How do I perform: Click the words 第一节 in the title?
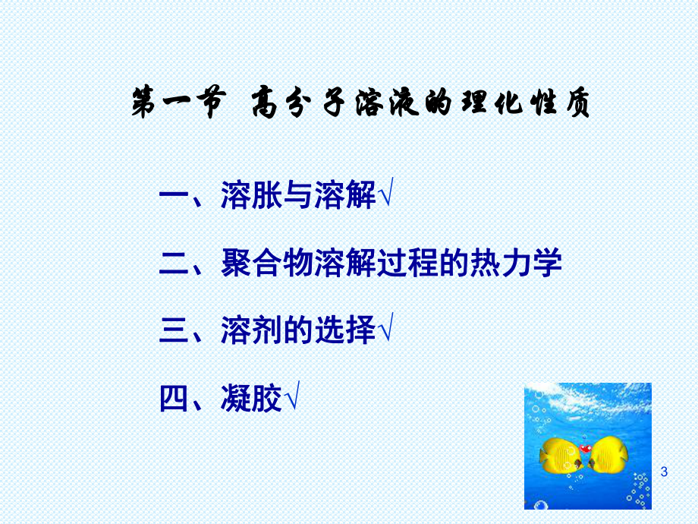click(178, 105)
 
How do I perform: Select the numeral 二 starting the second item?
click(174, 264)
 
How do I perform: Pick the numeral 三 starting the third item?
click(174, 331)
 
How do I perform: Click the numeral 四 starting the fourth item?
click(174, 398)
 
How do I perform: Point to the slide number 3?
click(665, 472)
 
